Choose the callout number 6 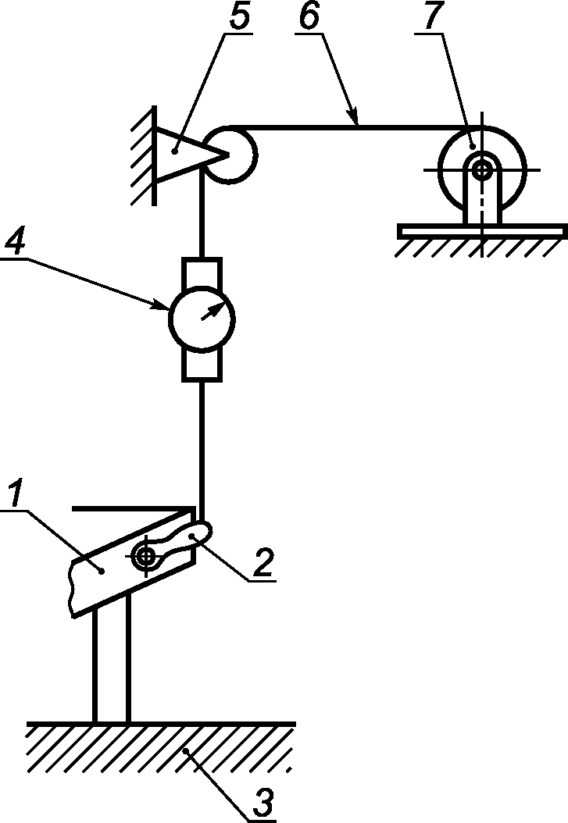pos(310,18)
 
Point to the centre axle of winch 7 pos(481,169)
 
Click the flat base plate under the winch pos(481,231)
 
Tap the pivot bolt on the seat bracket pos(145,556)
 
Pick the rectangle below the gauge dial pos(202,365)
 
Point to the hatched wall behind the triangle pos(141,156)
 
